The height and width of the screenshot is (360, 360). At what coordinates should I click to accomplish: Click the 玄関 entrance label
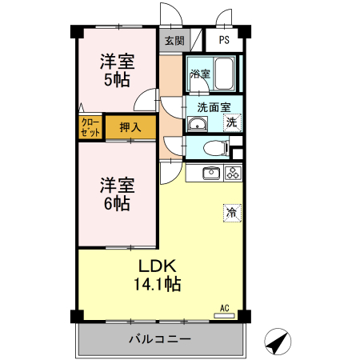[174, 40]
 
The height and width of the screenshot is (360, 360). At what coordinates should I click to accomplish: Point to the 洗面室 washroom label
[214, 105]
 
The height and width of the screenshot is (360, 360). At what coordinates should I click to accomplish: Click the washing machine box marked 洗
[230, 122]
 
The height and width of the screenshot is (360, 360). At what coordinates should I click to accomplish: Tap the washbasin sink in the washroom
[197, 123]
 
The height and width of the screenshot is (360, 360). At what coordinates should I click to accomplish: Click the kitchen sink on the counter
[210, 173]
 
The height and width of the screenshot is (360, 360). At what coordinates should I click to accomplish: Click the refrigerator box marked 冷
[231, 213]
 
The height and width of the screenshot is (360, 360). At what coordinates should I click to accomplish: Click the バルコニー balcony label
[160, 339]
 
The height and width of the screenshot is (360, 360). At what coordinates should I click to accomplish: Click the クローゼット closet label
[90, 126]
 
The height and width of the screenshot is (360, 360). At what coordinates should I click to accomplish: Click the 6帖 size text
[117, 203]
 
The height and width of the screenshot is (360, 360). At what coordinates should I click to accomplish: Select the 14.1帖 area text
[156, 283]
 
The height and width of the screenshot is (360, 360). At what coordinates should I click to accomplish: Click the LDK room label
[156, 266]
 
